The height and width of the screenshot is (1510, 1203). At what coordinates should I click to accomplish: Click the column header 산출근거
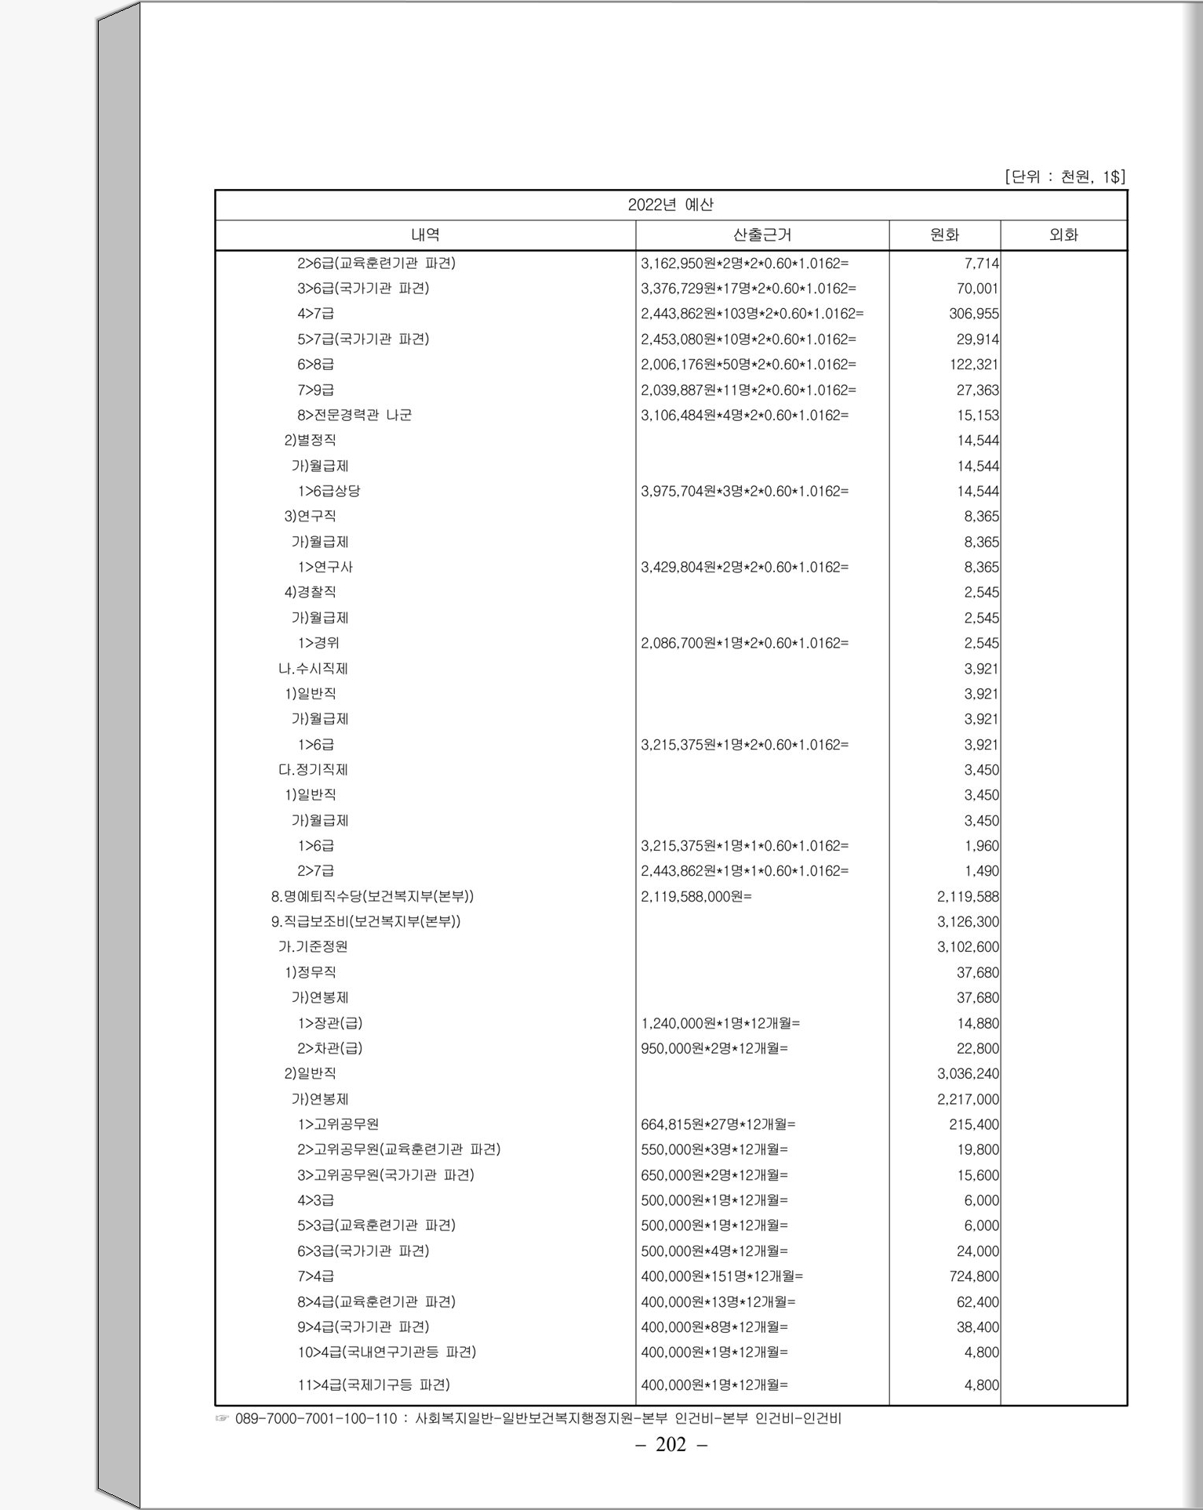(x=761, y=234)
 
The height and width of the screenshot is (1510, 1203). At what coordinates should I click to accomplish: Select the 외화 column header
(x=1063, y=234)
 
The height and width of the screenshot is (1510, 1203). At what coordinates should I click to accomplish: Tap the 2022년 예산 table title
(x=671, y=205)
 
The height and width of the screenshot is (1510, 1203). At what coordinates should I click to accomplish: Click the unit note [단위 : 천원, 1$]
(x=1064, y=177)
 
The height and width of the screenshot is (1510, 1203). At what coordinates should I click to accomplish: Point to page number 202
(x=671, y=1444)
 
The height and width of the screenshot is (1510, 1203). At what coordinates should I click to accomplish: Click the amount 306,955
(x=974, y=314)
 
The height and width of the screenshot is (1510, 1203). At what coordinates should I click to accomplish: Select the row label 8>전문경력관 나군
(x=354, y=415)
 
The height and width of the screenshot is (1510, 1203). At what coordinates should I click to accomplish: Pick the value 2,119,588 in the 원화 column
(x=968, y=896)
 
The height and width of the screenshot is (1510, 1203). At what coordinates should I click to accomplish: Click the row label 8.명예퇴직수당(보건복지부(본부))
(x=373, y=896)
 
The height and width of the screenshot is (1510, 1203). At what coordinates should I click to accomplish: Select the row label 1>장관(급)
(x=329, y=1023)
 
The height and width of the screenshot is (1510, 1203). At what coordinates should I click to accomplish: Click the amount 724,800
(x=974, y=1276)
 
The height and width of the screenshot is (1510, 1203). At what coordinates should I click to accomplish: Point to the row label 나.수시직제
(x=313, y=669)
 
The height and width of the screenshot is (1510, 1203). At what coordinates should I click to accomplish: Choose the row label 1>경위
(x=318, y=643)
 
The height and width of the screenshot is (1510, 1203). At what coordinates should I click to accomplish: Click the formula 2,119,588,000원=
(x=696, y=896)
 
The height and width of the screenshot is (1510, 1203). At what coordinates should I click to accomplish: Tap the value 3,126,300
(x=968, y=922)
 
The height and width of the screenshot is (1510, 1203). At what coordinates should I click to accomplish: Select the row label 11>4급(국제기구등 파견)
(x=373, y=1385)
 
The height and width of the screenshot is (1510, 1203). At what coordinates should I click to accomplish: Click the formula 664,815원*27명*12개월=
(x=718, y=1124)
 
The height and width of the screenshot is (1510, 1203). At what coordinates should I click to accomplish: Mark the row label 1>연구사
(x=325, y=567)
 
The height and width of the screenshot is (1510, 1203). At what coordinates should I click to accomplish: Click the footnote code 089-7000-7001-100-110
(x=316, y=1418)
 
